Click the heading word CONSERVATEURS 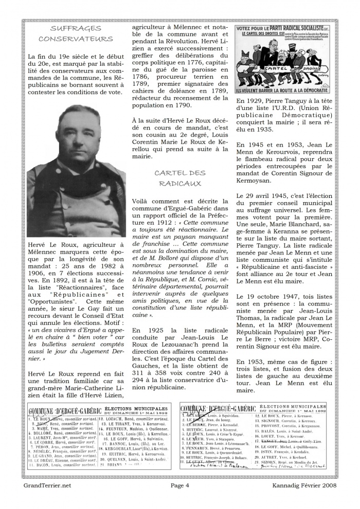coord(76,39)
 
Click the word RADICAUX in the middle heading coord(176,183)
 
